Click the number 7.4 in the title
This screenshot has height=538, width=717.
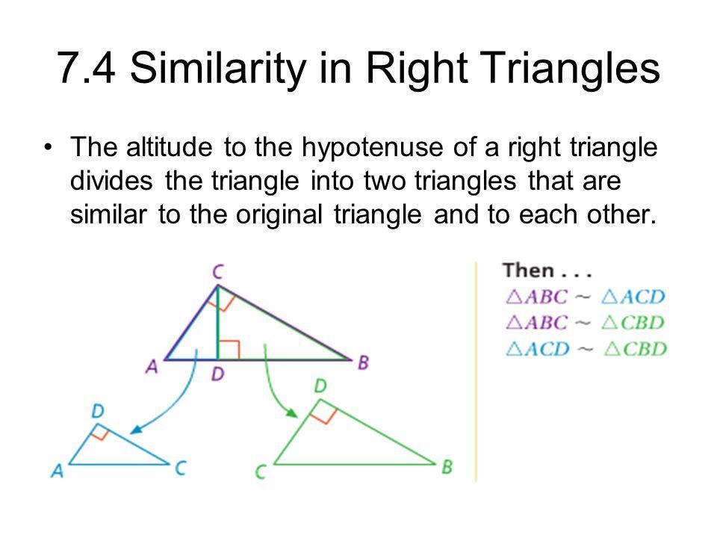click(x=87, y=68)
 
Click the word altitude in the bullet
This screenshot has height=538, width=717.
click(x=170, y=147)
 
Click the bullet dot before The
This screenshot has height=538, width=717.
click(x=48, y=148)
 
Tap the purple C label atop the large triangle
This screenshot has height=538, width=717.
click(x=217, y=272)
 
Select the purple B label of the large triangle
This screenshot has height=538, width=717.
click(x=364, y=363)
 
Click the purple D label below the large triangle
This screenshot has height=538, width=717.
click(x=217, y=374)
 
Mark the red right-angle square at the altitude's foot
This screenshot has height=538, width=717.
click(x=229, y=350)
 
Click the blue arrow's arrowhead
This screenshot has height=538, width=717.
click(x=137, y=429)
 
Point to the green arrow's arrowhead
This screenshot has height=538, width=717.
click(x=291, y=412)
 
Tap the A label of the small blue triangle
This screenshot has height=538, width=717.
click(x=58, y=471)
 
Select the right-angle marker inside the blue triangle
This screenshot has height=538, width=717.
click(x=99, y=433)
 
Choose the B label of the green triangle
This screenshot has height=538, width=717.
click(x=447, y=467)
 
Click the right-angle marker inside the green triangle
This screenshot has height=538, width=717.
click(x=323, y=412)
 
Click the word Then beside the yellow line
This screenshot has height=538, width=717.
click(x=529, y=270)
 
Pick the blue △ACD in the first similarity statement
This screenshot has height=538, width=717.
click(x=633, y=297)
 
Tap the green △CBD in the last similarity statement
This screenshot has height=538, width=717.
click(x=635, y=350)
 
